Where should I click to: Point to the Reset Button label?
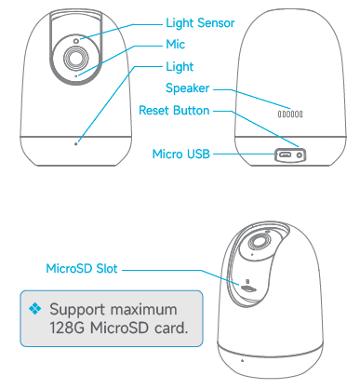pos(186,110)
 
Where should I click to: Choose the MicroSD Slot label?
pos(80,270)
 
